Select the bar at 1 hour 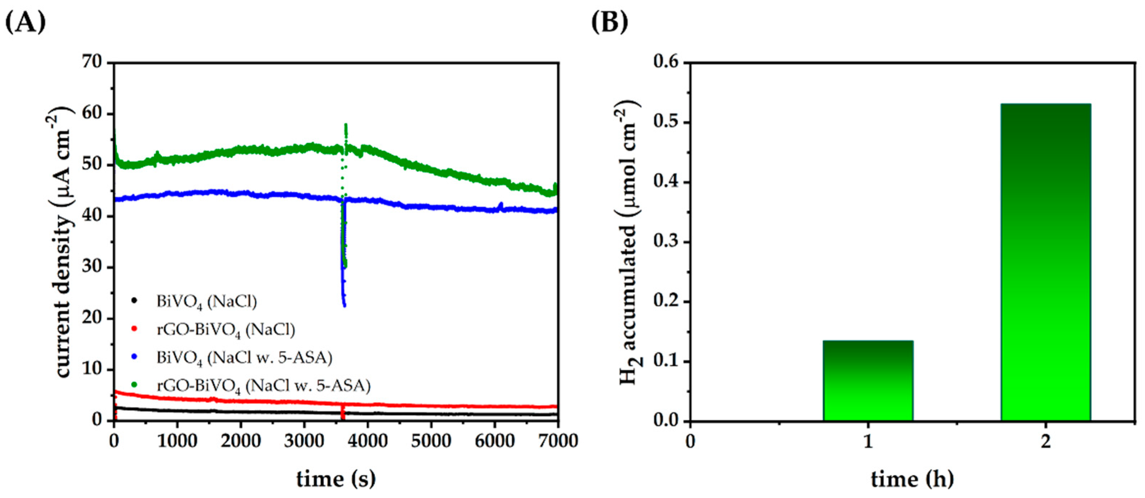[x=868, y=380]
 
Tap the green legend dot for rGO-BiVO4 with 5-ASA [x=135, y=385]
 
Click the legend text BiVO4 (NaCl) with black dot [x=206, y=302]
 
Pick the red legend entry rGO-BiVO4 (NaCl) [x=225, y=329]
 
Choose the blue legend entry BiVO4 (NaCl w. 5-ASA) [x=244, y=357]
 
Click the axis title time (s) [x=336, y=479]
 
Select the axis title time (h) [x=912, y=479]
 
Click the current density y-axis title [x=63, y=243]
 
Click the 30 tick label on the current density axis [x=92, y=267]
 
